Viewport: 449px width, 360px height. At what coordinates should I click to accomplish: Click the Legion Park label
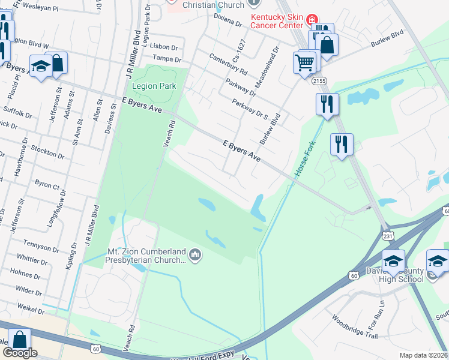154,86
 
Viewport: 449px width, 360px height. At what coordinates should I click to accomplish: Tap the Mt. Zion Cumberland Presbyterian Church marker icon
194,256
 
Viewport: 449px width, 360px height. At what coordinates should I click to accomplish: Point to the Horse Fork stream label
304,159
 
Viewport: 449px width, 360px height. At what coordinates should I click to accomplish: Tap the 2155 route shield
320,80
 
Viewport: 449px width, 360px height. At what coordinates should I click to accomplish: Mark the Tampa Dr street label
167,59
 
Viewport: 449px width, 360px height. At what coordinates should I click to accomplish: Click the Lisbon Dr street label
166,46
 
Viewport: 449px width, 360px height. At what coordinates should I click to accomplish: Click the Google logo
20,353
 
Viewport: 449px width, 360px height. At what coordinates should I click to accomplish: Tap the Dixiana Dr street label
228,23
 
